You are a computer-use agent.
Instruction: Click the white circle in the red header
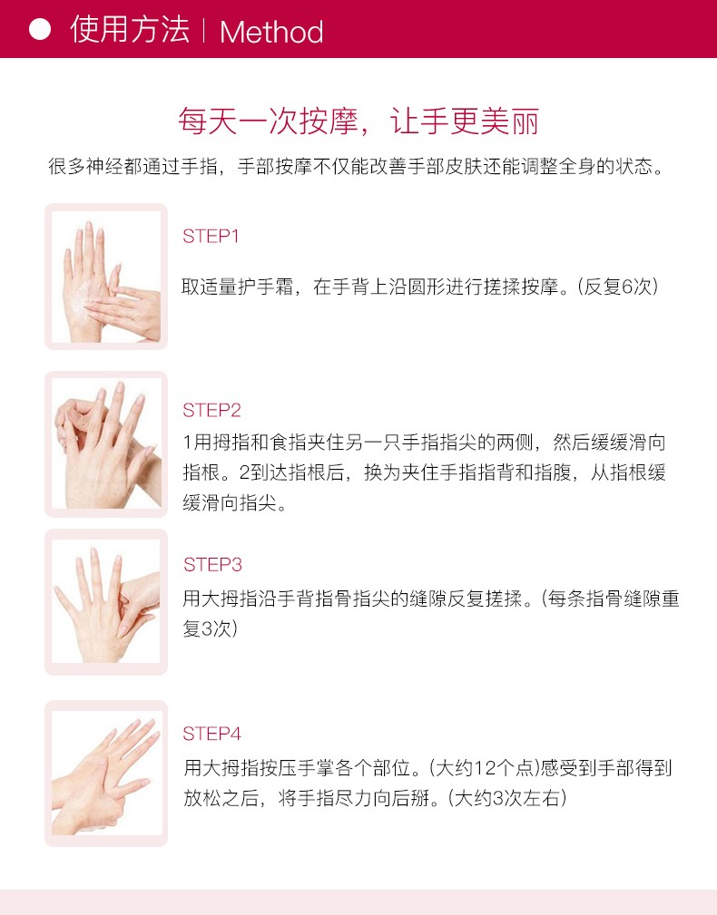click(40, 29)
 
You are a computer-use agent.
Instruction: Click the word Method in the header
click(271, 32)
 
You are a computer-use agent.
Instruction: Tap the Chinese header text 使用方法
click(130, 29)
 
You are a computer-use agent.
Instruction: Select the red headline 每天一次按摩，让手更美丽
click(358, 122)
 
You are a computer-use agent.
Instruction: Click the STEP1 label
click(211, 237)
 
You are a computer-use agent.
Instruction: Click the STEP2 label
click(212, 410)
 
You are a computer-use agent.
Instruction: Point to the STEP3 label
click(212, 564)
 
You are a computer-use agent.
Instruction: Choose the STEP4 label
click(212, 734)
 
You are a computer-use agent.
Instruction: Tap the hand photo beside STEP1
click(106, 277)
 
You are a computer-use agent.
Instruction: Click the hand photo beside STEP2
click(106, 444)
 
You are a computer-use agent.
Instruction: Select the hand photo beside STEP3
click(106, 601)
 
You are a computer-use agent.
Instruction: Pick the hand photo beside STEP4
click(106, 774)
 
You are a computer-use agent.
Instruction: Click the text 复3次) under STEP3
click(211, 628)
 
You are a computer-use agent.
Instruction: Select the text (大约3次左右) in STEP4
click(507, 798)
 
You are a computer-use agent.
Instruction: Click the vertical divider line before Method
click(204, 30)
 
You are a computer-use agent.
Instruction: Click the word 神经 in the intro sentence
click(105, 166)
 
